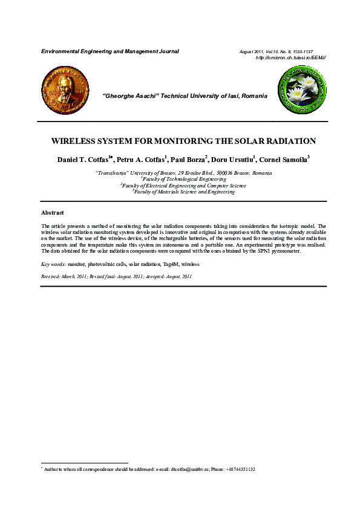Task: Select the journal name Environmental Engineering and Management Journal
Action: (110, 51)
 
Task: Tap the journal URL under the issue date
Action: (291, 57)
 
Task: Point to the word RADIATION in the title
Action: (289, 141)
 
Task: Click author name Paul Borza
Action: (188, 160)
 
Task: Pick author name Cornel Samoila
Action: (283, 160)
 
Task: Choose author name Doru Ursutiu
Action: (233, 160)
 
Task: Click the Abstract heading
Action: (52, 213)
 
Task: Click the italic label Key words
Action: (53, 265)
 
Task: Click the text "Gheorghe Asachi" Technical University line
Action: (185, 96)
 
